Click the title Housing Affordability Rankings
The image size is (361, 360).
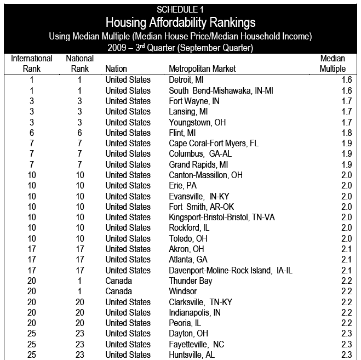(x=180, y=23)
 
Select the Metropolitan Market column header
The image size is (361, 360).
(x=203, y=69)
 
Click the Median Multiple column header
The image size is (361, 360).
(x=333, y=64)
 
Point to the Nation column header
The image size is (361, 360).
(x=116, y=69)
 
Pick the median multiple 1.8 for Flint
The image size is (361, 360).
(x=346, y=133)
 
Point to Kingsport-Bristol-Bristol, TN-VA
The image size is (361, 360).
(x=222, y=218)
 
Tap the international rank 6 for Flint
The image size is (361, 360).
(x=32, y=133)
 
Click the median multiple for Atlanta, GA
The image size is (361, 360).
(x=346, y=260)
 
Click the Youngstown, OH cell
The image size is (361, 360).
(x=197, y=122)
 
